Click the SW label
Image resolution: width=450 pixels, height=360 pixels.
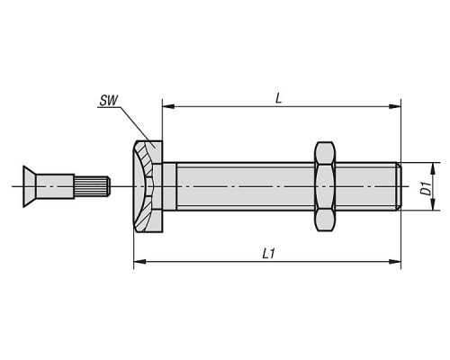coord(109,101)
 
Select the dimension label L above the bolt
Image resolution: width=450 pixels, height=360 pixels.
coord(279,98)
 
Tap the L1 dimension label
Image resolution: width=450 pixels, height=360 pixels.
coord(268,254)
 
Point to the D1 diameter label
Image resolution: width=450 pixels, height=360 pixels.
coord(426,188)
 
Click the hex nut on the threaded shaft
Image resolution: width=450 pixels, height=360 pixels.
coord(325,186)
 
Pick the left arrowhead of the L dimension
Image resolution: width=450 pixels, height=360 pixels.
coord(168,106)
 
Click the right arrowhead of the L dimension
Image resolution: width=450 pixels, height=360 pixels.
coord(395,106)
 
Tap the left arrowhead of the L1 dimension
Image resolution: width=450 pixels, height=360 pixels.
coord(139,262)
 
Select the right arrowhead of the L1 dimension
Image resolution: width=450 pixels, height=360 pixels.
coord(395,262)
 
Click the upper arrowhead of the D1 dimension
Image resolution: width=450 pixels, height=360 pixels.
coord(433,168)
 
